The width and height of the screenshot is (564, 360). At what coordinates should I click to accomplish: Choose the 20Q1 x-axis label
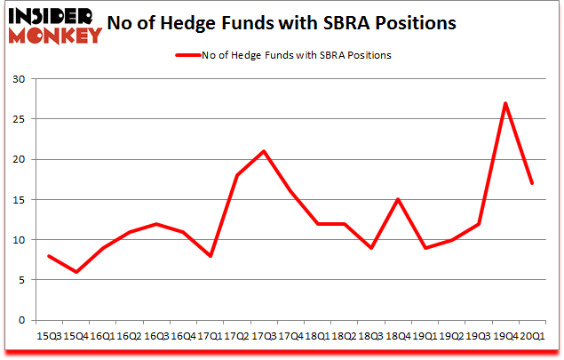tap(531, 337)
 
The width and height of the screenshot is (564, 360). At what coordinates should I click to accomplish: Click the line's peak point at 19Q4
tap(504, 103)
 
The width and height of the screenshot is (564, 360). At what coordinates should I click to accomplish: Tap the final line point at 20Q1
tap(531, 183)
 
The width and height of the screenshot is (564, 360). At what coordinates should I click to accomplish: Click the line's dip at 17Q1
tap(210, 256)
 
